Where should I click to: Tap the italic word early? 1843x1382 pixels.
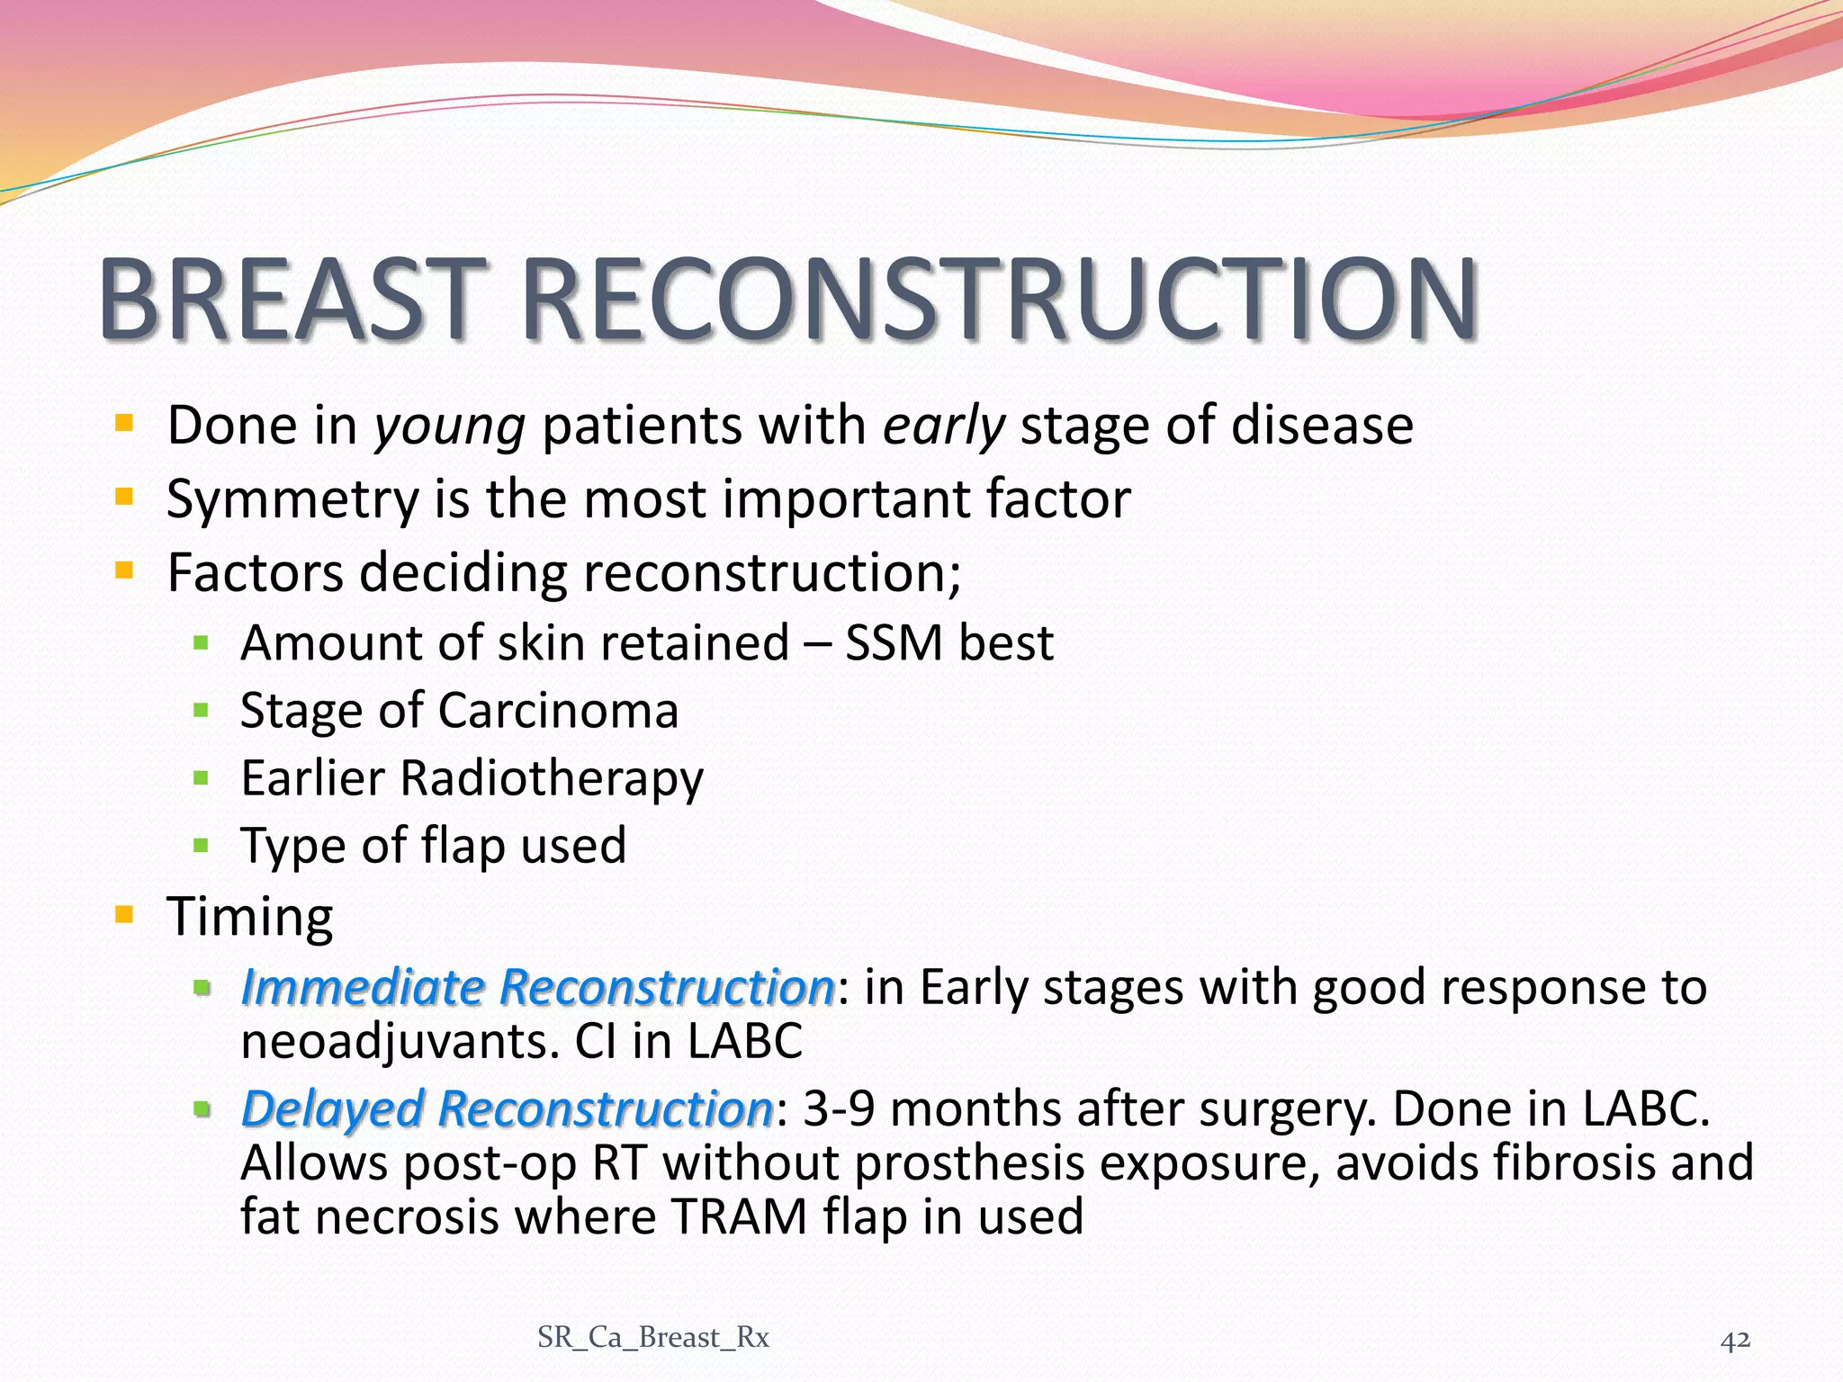[943, 426]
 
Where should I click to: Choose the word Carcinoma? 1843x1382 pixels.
[558, 711]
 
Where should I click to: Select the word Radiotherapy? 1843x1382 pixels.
[552, 778]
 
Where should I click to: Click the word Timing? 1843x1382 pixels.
[250, 918]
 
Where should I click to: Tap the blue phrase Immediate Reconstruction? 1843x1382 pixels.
[538, 987]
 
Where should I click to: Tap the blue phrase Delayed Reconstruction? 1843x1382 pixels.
[507, 1108]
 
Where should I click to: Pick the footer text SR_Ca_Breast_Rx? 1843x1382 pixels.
[653, 1338]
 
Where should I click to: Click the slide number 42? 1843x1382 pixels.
[1735, 1341]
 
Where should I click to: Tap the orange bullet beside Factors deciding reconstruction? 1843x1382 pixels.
[124, 571]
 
